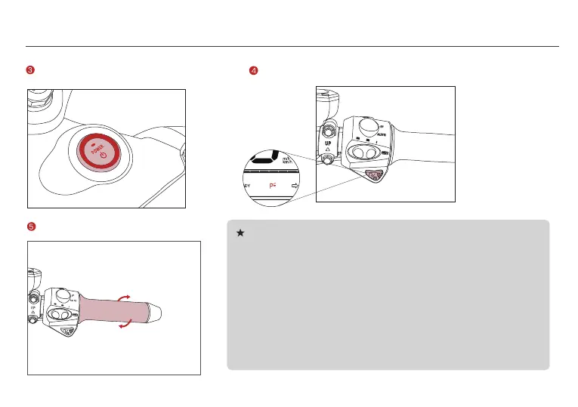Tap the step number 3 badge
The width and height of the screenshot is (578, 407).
pos(30,71)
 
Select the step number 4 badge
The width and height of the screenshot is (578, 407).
pos(254,71)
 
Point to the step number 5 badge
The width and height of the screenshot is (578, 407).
pos(30,226)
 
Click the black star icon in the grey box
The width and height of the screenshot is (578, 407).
pos(240,233)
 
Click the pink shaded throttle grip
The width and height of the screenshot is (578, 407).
pos(113,310)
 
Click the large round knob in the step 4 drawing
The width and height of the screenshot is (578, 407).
pos(369,126)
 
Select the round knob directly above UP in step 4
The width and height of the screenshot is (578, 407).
pos(329,129)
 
